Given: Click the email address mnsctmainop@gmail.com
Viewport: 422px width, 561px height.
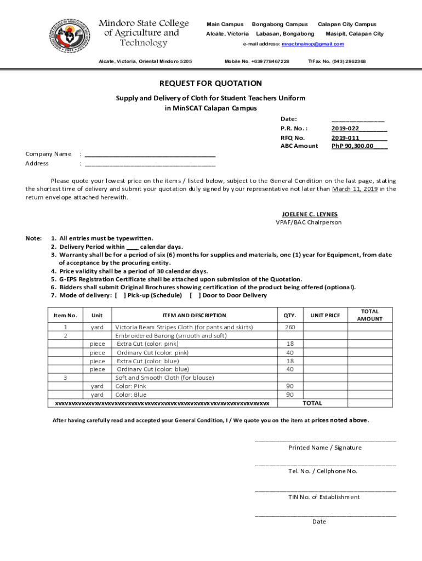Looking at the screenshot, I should pyautogui.click(x=312, y=44).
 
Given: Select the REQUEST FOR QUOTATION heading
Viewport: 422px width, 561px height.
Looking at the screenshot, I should pyautogui.click(x=210, y=83).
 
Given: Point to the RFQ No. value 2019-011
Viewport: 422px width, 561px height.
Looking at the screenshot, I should pyautogui.click(x=345, y=138).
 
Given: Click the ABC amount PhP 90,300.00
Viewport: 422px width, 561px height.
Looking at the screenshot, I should pyautogui.click(x=352, y=146).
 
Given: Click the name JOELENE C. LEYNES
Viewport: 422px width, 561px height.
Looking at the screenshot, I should pyautogui.click(x=310, y=214).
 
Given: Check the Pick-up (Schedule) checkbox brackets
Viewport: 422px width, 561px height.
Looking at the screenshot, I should pyautogui.click(x=120, y=295).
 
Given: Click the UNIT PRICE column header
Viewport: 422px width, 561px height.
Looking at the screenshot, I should pyautogui.click(x=325, y=315).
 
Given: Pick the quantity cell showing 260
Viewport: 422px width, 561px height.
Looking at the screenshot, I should pyautogui.click(x=289, y=327).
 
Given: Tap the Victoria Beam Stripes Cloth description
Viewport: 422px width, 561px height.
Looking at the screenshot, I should pyautogui.click(x=184, y=327).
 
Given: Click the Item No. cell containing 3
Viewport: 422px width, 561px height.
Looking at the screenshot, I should pyautogui.click(x=65, y=377).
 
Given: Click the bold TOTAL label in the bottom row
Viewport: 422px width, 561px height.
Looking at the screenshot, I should pyautogui.click(x=312, y=403).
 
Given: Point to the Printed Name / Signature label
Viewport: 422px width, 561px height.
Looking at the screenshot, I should pyautogui.click(x=325, y=448).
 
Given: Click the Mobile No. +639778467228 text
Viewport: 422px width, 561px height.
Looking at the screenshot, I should pyautogui.click(x=257, y=61).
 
